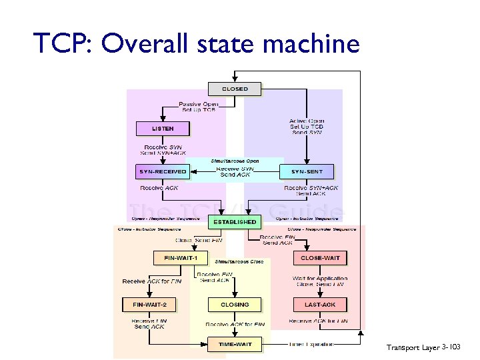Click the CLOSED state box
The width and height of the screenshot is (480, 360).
click(x=234, y=89)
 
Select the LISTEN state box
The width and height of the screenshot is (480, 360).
click(x=163, y=129)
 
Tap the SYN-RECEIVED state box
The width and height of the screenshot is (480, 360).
click(x=163, y=171)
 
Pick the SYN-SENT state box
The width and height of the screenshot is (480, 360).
click(x=307, y=171)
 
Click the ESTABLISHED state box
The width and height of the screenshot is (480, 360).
click(x=234, y=221)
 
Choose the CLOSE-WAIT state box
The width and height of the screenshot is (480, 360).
click(x=320, y=257)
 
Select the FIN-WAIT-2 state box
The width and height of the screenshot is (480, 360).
click(x=154, y=305)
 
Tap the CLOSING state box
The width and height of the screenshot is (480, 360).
click(x=234, y=305)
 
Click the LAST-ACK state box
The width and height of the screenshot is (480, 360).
click(x=320, y=305)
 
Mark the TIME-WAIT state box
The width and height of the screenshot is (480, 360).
click(x=234, y=344)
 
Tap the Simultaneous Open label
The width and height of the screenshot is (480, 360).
click(x=235, y=161)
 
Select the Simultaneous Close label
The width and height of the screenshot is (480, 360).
click(x=239, y=261)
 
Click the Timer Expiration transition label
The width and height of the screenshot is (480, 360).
click(x=311, y=344)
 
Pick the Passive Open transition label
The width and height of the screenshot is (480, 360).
click(x=198, y=105)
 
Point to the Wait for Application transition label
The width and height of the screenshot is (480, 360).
click(x=320, y=278)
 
